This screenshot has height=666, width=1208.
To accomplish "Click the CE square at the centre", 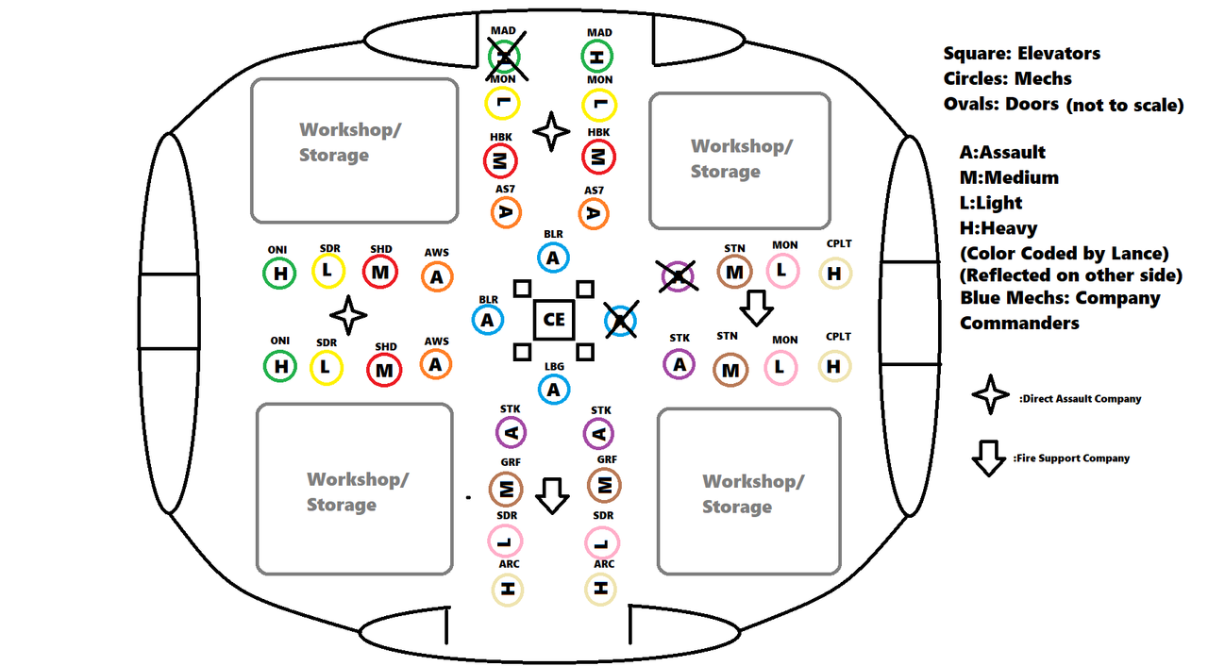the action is tap(553, 320).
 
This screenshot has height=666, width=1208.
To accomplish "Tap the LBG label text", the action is tap(554, 366).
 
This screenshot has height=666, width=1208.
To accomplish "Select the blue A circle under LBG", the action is tap(553, 389).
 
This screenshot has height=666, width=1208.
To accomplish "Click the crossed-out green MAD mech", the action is tap(505, 57).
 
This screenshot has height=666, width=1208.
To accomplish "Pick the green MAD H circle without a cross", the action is tap(597, 57).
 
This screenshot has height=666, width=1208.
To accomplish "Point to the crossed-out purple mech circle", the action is tap(678, 276).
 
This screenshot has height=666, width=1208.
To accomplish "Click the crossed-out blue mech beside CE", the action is tap(621, 320).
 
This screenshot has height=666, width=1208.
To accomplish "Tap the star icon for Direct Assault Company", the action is tap(990, 394).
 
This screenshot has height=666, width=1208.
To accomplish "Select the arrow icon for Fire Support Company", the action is tap(988, 458).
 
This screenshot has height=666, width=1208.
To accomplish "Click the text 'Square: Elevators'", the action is tap(1021, 54).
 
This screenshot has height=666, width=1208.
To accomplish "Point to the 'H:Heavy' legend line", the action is tap(998, 228).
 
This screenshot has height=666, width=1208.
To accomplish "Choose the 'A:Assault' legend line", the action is tap(1002, 153).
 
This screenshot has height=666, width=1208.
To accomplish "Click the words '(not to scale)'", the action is tap(1125, 105).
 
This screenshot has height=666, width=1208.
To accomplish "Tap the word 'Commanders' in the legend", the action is tap(1019, 323).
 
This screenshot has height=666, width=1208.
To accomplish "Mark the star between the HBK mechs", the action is tap(550, 131).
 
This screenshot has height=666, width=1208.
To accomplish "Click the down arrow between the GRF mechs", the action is tap(552, 496).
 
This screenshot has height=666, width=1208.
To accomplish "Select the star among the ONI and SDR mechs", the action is tap(348, 315).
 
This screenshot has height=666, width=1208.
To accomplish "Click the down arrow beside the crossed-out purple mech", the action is tap(756, 308).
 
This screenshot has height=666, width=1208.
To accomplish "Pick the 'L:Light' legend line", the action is tap(991, 203).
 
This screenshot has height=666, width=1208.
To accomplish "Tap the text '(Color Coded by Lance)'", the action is tap(1064, 254).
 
